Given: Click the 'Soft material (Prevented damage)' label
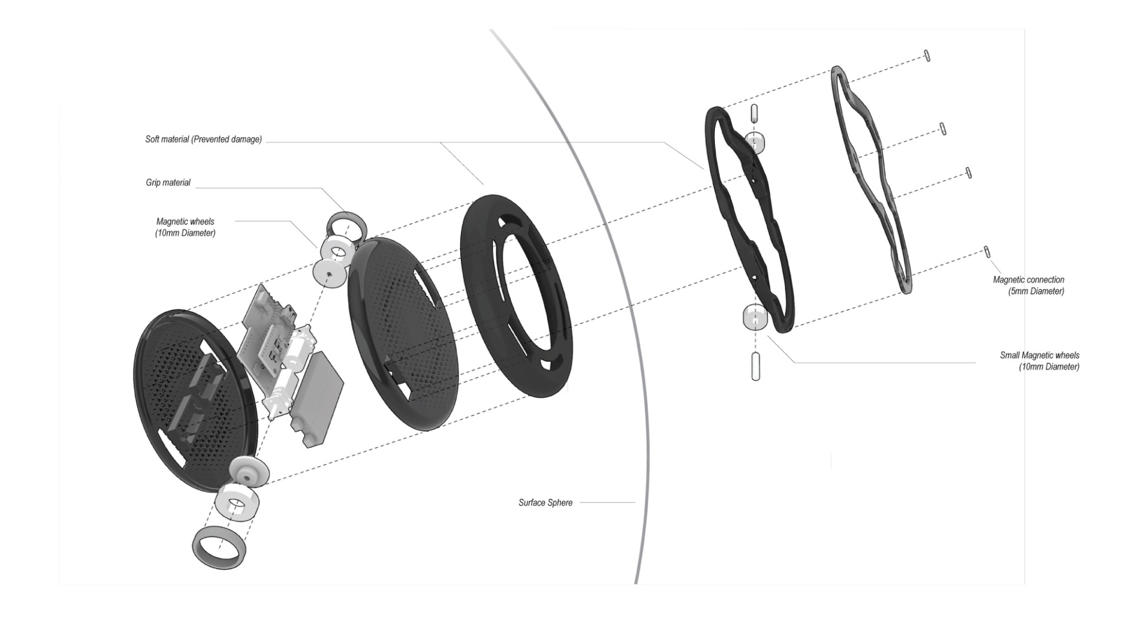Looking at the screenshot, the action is pyautogui.click(x=204, y=139).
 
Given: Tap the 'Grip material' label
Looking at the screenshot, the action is pyautogui.click(x=168, y=183).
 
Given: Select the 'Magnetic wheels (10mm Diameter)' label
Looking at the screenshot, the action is pyautogui.click(x=185, y=227).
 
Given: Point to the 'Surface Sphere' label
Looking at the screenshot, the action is pyautogui.click(x=545, y=503).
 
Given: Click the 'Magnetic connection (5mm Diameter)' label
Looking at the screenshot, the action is pyautogui.click(x=1029, y=285).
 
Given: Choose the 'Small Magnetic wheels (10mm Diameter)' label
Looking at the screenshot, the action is pyautogui.click(x=1039, y=361).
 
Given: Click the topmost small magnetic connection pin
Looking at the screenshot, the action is pyautogui.click(x=927, y=55).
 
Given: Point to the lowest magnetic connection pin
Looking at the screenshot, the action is pyautogui.click(x=987, y=251).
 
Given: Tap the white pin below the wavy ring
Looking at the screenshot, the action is pyautogui.click(x=756, y=367).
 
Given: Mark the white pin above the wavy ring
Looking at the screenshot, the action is pyautogui.click(x=754, y=113).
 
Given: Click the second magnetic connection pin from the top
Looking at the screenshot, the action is pyautogui.click(x=943, y=128).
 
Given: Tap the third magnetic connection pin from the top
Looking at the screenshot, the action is pyautogui.click(x=968, y=172).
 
